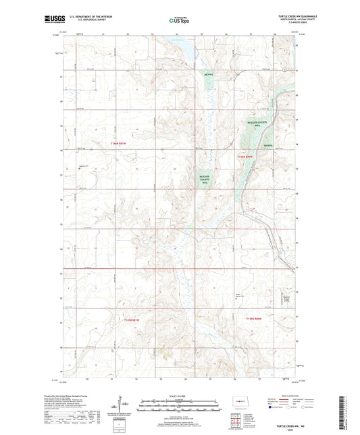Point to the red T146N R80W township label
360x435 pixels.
(244, 156)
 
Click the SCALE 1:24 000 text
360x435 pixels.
(180, 395)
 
